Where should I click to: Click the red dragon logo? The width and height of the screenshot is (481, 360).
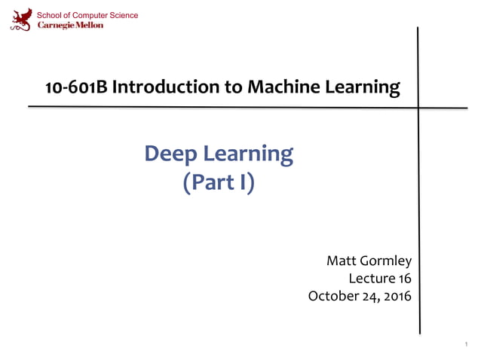[x=22, y=19]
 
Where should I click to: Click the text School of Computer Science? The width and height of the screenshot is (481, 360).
[x=88, y=15]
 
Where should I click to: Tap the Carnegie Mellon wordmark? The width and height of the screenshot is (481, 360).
[x=71, y=25]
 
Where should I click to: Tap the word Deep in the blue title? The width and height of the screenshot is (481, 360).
[x=170, y=155]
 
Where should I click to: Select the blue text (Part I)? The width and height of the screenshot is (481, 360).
[x=219, y=182]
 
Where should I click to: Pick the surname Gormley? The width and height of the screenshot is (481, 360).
[x=388, y=262]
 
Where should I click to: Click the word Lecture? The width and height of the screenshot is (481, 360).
[x=372, y=279]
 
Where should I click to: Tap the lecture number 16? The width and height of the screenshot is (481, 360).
[x=405, y=279]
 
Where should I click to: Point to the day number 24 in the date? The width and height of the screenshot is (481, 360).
[x=369, y=295]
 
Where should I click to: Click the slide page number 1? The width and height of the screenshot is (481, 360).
[x=467, y=344]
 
